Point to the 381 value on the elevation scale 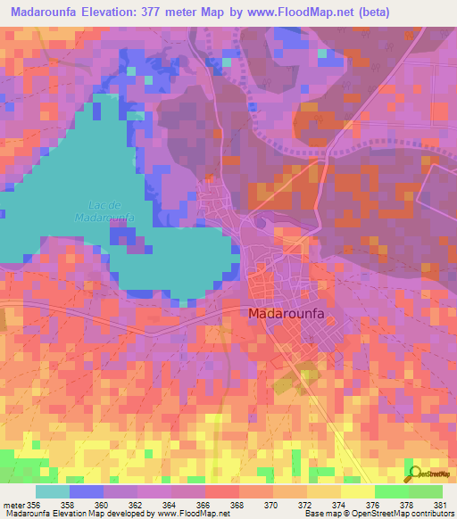coord(439,504)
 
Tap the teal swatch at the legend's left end coord(53,491)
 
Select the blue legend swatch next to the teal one coord(87,491)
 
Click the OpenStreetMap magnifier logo coord(414,473)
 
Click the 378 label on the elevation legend coord(407,504)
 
